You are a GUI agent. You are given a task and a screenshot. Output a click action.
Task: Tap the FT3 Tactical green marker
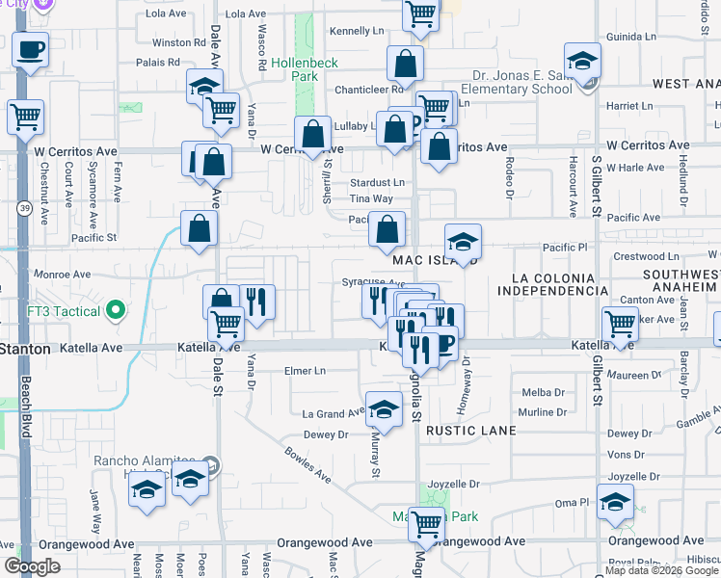[x=117, y=310]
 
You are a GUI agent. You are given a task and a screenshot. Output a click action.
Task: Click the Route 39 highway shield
[x=22, y=207]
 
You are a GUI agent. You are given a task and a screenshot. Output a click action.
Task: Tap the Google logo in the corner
[x=32, y=566]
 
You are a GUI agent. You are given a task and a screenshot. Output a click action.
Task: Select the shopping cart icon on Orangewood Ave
[x=425, y=523]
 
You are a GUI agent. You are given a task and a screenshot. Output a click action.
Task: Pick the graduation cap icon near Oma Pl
[x=615, y=501]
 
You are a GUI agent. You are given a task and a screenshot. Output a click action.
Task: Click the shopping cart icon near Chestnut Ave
[x=24, y=116]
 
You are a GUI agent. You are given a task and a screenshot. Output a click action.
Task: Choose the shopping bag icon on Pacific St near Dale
[x=199, y=229]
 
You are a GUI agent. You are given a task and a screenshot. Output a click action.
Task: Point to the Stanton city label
[x=24, y=348]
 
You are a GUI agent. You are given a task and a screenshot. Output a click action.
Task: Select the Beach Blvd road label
[x=26, y=414]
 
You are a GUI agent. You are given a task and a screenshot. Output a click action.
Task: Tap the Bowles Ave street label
[x=307, y=465]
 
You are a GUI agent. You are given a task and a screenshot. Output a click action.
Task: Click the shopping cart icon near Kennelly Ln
[x=421, y=14]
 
